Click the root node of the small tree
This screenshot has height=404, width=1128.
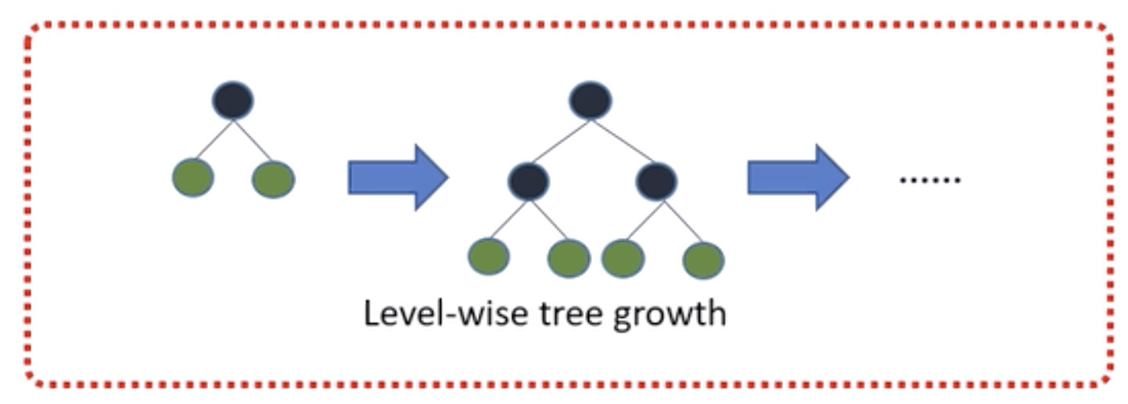tap(232, 101)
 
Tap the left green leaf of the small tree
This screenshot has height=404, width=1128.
tap(192, 178)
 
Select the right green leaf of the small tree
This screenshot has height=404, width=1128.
tap(273, 179)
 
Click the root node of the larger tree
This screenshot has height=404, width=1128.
tap(591, 101)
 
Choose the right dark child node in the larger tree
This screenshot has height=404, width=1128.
tap(656, 181)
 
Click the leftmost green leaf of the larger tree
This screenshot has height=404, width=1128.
tap(489, 256)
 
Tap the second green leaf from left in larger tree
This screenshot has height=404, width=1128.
tap(569, 258)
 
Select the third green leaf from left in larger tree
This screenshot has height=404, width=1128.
tap(623, 258)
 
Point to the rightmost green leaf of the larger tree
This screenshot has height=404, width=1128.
tap(703, 260)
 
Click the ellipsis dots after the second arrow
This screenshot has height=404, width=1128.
tap(929, 180)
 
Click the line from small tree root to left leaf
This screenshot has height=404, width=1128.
tap(213, 139)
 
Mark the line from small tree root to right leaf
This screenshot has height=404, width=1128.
tap(253, 139)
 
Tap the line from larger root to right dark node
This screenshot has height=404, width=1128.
tap(623, 142)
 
